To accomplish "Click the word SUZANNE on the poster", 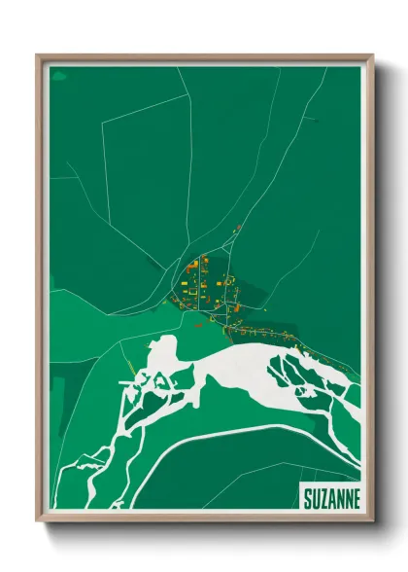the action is (330, 497).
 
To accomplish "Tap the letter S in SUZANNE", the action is (307, 497).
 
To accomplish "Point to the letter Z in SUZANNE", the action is (324, 497).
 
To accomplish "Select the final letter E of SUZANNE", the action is (356, 497).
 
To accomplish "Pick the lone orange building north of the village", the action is (235, 229).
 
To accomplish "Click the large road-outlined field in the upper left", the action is (146, 175).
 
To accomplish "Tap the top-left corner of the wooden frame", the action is (39, 56).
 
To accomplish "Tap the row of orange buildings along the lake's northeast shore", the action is (282, 336).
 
